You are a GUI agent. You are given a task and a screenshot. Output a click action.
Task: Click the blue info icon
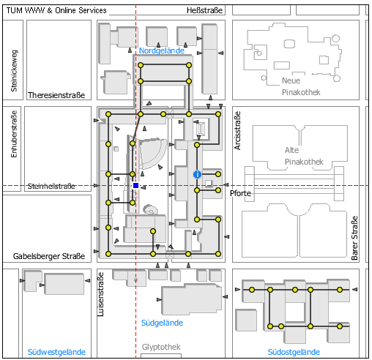pyautogui.click(x=197, y=174)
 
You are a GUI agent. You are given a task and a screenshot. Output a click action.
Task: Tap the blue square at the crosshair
pyautogui.click(x=136, y=186)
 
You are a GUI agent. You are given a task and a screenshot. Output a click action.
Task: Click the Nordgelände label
pyautogui.click(x=162, y=50)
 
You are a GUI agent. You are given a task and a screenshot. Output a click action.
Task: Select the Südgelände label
pyautogui.click(x=162, y=323)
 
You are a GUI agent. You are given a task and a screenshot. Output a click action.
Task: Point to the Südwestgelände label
pyautogui.click(x=56, y=352)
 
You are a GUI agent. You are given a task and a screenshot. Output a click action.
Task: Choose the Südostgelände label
pyautogui.click(x=294, y=352)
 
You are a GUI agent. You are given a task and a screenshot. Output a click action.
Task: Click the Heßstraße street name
pyautogui.click(x=204, y=10)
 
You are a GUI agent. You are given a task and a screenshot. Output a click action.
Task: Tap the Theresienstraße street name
pyautogui.click(x=56, y=95)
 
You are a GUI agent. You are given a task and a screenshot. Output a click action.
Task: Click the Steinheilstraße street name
pyautogui.click(x=51, y=187)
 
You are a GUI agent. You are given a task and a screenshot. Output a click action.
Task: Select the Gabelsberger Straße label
pyautogui.click(x=49, y=256)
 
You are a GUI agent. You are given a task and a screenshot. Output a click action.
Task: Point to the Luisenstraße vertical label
pyautogui.click(x=100, y=294)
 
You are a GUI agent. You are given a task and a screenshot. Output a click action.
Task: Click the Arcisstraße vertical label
pyautogui.click(x=237, y=130)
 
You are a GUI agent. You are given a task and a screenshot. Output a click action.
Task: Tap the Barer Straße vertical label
pyautogui.click(x=354, y=238)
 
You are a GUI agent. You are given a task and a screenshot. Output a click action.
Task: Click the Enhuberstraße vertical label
pyautogui.click(x=14, y=134)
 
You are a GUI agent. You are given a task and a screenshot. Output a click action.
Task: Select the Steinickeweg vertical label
pyautogui.click(x=14, y=71)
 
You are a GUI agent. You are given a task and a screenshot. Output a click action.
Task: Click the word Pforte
pyautogui.click(x=240, y=193)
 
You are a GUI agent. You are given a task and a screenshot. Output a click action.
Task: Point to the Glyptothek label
pyautogui.click(x=161, y=347)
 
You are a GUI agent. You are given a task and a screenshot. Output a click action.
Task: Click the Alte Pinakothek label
pyautogui.click(x=304, y=156)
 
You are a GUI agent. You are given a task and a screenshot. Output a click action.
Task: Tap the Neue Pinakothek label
pyautogui.click(x=301, y=86)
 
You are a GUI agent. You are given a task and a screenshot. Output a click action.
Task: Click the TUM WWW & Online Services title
pyautogui.click(x=56, y=10)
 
